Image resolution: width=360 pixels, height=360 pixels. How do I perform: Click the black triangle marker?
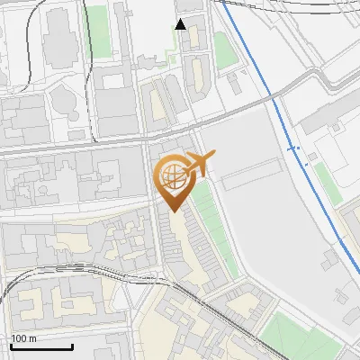(181, 24)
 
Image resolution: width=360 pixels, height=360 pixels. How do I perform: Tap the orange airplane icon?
(198, 165)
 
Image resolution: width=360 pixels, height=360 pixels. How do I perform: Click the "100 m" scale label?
(24, 338)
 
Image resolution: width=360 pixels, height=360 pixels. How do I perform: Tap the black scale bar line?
(41, 346)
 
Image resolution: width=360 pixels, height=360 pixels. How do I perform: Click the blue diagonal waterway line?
(270, 90)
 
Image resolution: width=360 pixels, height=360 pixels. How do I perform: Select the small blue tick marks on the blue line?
(292, 148)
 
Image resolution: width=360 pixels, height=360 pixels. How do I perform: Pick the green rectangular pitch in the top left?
(94, 31)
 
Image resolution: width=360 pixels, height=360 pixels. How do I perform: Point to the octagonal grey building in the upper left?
(65, 99)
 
